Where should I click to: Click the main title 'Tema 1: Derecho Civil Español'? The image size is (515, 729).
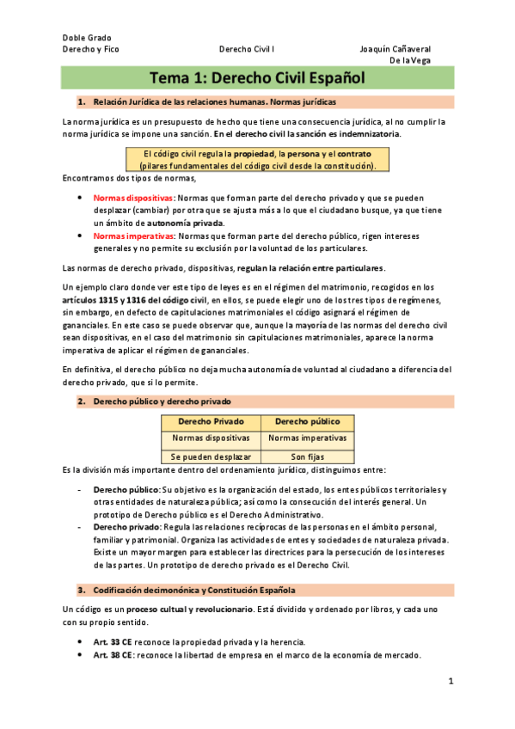click(x=257, y=78)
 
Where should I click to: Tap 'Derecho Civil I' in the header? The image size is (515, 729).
click(x=248, y=49)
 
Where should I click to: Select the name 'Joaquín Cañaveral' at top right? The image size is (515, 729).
click(x=395, y=49)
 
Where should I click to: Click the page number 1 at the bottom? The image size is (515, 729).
click(x=450, y=681)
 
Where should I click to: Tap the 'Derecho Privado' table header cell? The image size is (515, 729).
click(x=211, y=422)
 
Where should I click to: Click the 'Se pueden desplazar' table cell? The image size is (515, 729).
click(x=211, y=456)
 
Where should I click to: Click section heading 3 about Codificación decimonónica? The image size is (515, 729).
click(x=187, y=591)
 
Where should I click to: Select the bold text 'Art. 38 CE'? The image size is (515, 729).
click(x=113, y=655)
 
